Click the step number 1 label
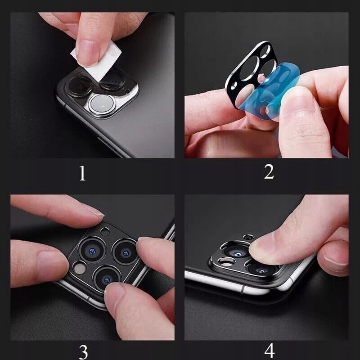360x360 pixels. [82, 173]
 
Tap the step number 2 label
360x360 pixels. [269, 172]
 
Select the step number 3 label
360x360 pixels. [83, 352]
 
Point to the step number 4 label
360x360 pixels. [270, 351]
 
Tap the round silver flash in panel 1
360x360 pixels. [102, 104]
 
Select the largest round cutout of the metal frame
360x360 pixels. [250, 68]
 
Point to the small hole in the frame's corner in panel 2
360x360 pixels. [234, 85]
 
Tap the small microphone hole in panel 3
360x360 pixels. [105, 231]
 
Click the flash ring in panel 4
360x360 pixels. [226, 261]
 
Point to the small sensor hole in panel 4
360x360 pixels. [248, 236]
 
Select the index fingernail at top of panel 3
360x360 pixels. [94, 211]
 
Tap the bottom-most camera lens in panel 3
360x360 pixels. [107, 279]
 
